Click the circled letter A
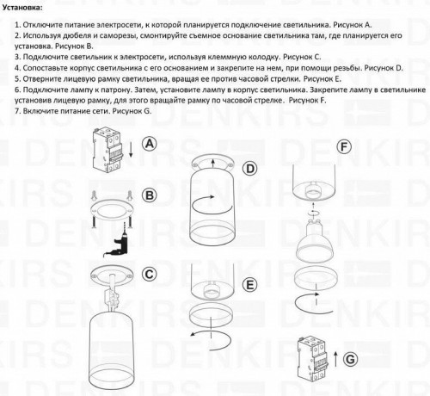tap(149, 144)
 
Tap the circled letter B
tap(149, 196)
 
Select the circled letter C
tap(149, 275)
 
